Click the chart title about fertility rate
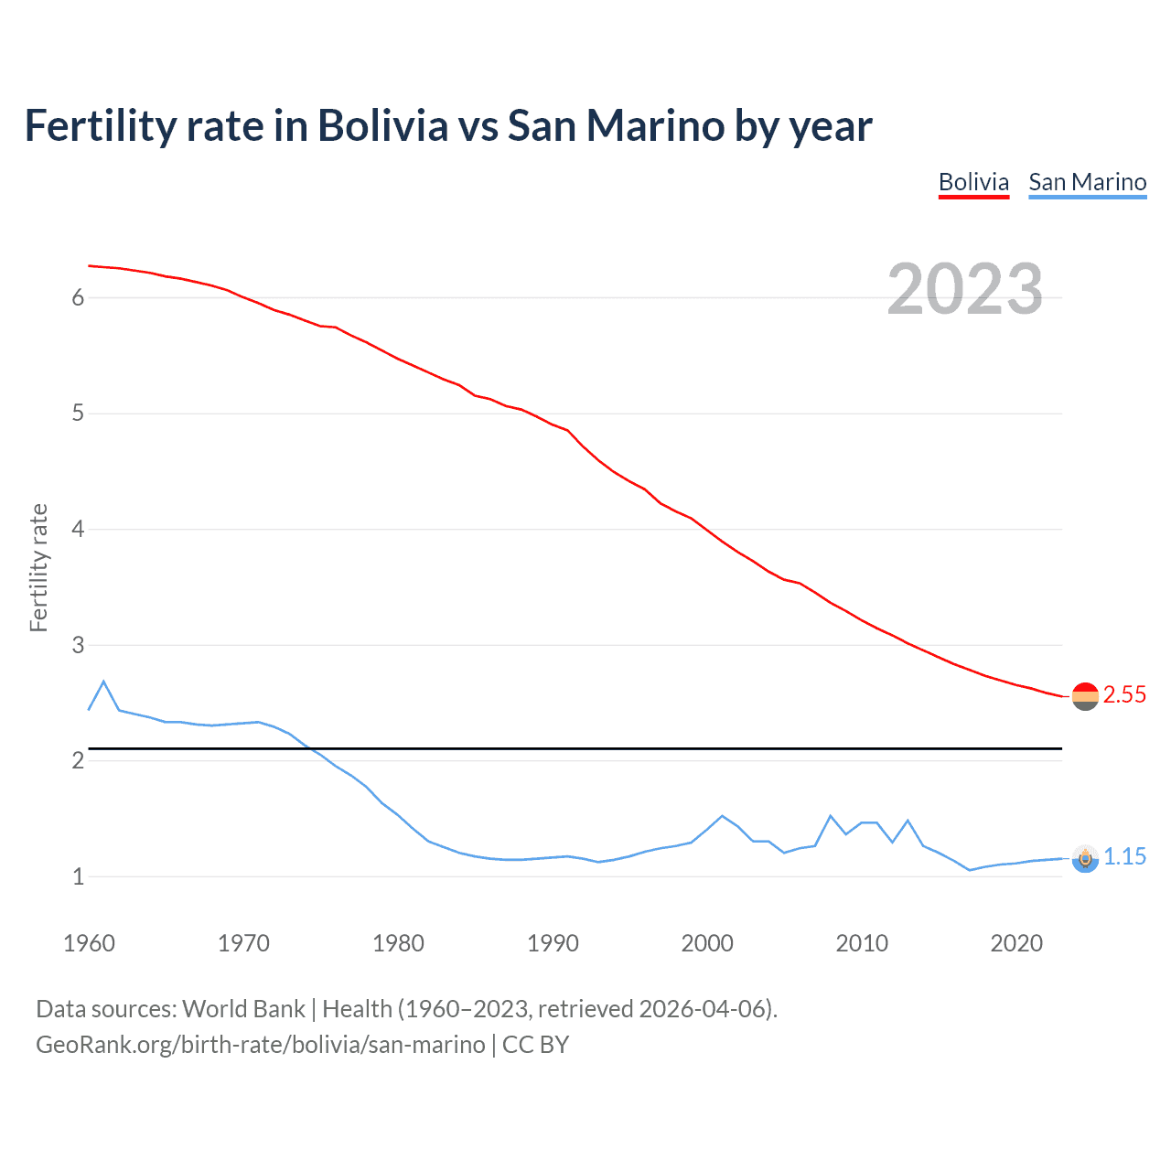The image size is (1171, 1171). point(448,126)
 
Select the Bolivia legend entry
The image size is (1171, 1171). point(973,182)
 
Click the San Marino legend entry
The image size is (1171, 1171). point(1087,182)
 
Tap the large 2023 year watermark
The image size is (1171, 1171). point(964,289)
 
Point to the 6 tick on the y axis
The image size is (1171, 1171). point(78,297)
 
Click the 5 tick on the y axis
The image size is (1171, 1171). point(78,414)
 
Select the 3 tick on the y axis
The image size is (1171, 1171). point(78,645)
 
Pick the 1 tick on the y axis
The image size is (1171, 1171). point(78,876)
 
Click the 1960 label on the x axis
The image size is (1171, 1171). point(89,943)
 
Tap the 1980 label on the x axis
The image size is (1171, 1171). point(398,943)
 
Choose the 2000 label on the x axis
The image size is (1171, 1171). point(707,943)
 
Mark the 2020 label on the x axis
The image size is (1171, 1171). point(1016,943)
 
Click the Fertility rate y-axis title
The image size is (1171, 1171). point(38,567)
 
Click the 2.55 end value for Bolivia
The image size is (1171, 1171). point(1124,695)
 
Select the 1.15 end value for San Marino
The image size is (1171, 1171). point(1124,857)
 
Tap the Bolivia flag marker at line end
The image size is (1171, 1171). point(1085,696)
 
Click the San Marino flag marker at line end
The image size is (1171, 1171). point(1085,858)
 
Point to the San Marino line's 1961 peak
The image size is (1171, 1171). point(103,682)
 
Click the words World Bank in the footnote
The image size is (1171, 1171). point(243,1009)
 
